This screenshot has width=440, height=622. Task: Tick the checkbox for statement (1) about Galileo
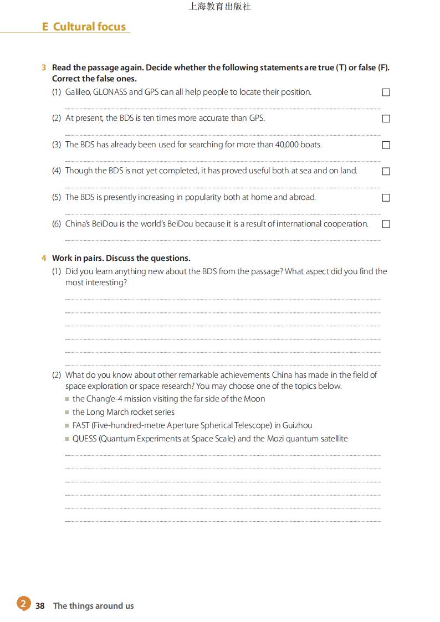pos(386,92)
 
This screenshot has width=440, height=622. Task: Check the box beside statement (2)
pos(386,119)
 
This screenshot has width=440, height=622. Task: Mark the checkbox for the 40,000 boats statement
pos(386,145)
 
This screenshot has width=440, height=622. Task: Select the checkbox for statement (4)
pos(386,171)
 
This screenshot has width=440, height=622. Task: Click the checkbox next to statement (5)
pos(386,198)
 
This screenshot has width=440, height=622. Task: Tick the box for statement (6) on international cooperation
pos(386,224)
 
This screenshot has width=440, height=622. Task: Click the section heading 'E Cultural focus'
pos(84,27)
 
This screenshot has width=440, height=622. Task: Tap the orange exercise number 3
pos(44,68)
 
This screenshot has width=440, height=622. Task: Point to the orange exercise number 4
pos(44,258)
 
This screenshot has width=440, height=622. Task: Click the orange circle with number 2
pos(23,604)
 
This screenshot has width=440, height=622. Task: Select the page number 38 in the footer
pos(40,606)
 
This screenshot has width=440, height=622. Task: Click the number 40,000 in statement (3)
pos(286,145)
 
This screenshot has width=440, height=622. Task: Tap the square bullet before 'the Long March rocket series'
pos(67,412)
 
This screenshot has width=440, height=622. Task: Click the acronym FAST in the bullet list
pos(81,425)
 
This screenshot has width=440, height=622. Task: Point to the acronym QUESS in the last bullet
pos(84,439)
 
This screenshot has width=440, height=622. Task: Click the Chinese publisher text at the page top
pos(219,7)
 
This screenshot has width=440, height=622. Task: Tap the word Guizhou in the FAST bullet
pos(297,425)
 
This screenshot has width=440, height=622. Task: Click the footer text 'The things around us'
pos(93,606)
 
